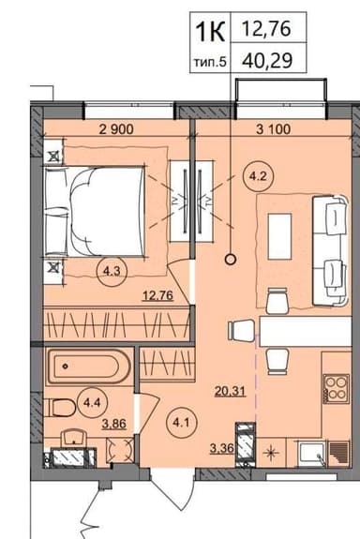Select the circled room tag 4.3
[111, 272]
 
